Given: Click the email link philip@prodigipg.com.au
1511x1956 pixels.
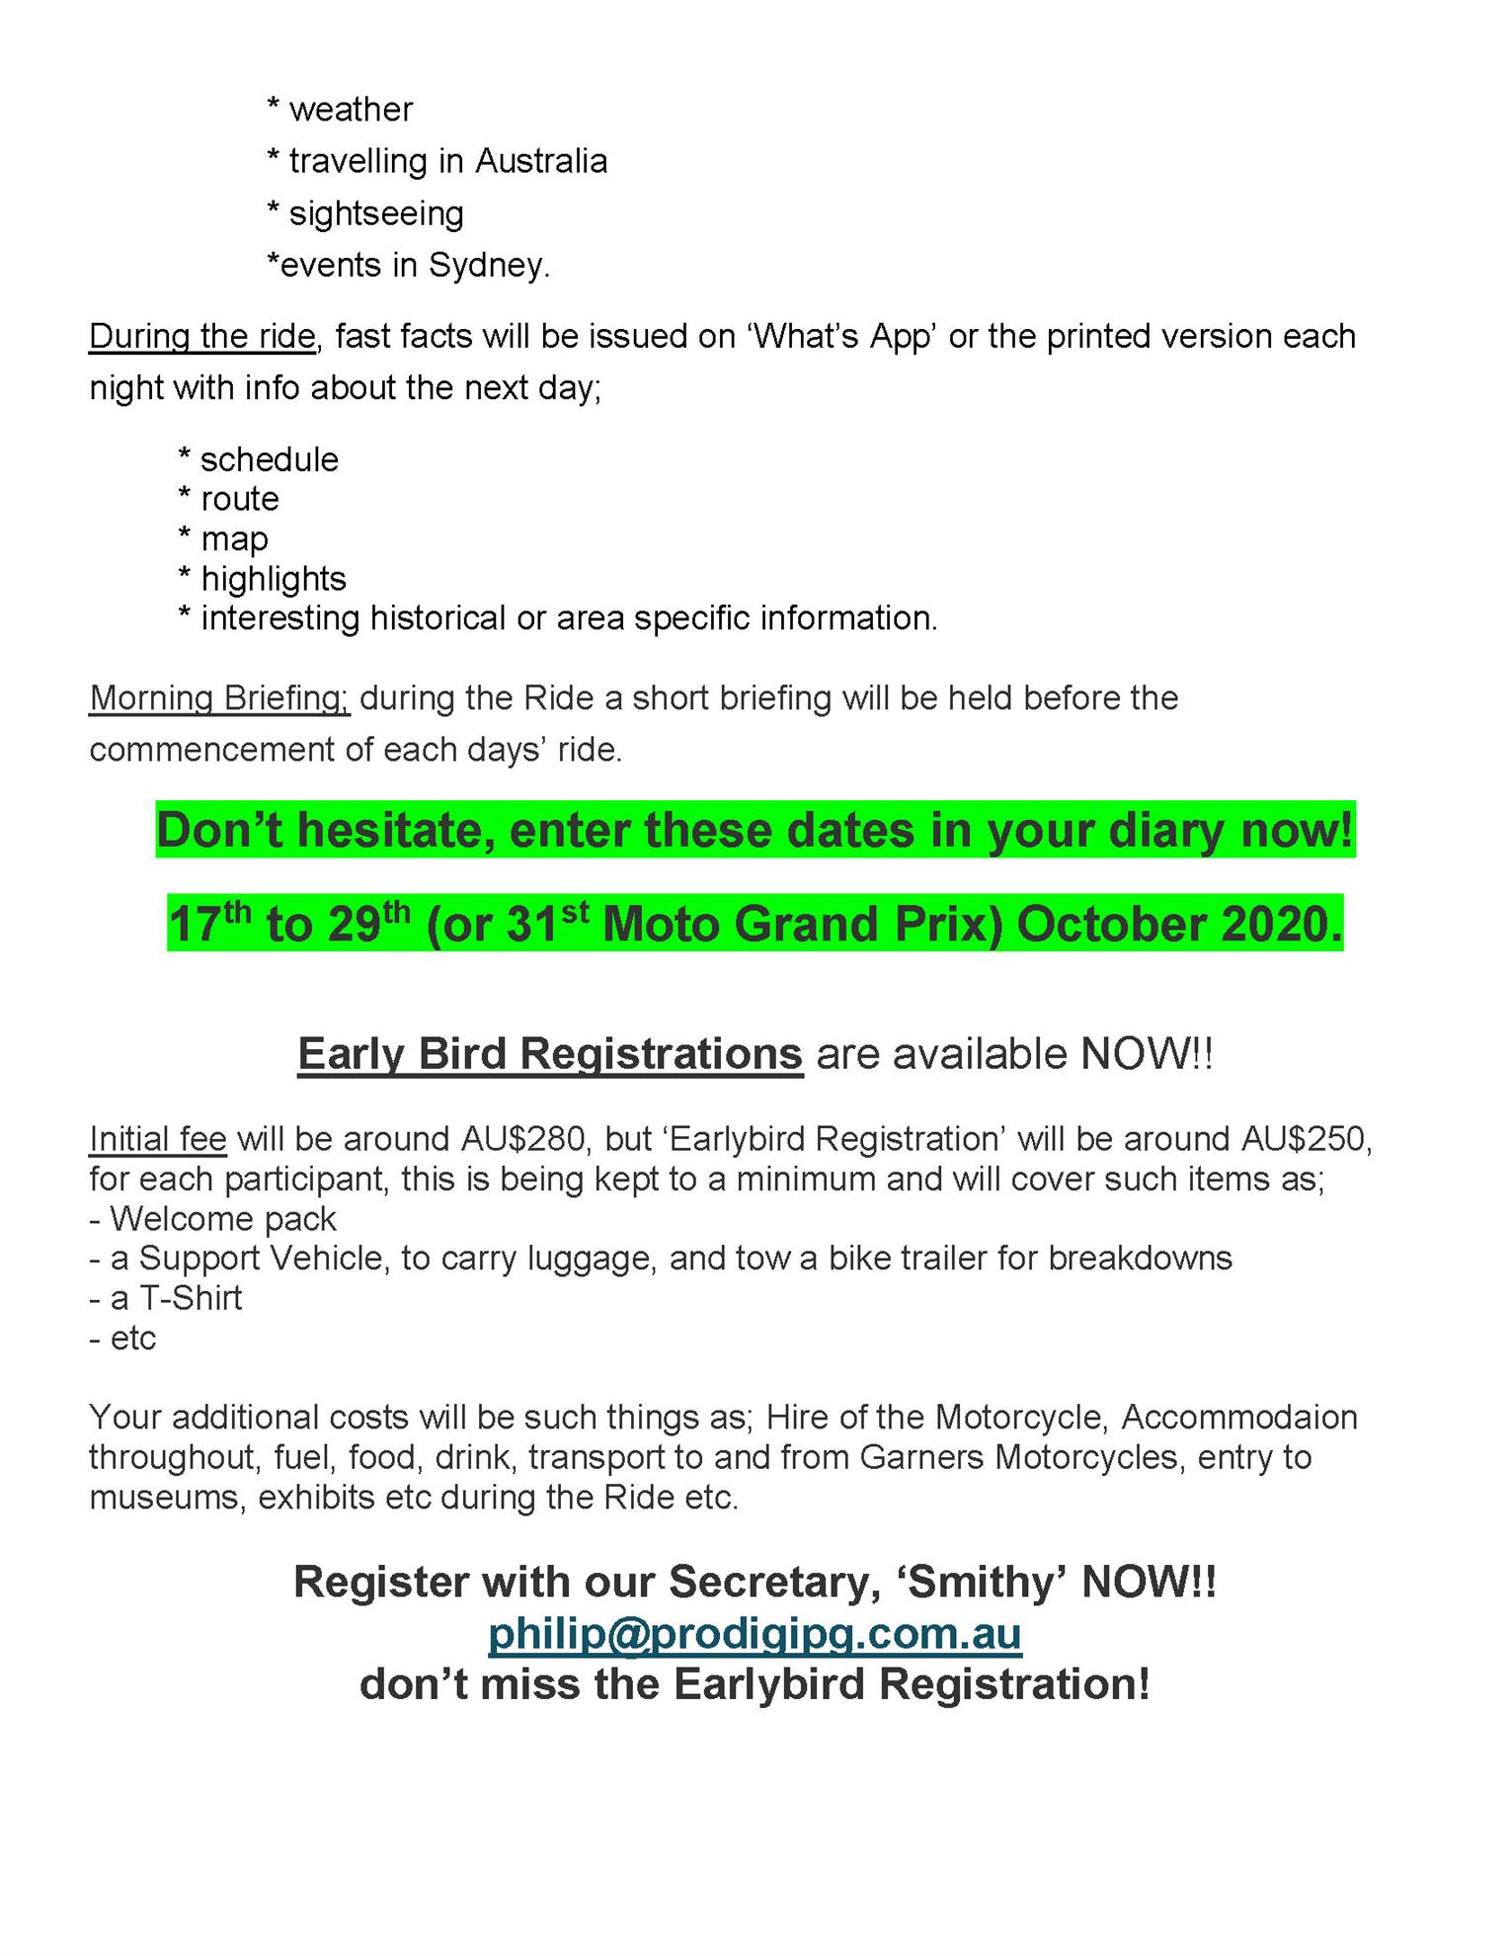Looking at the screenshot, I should pyautogui.click(x=755, y=1634).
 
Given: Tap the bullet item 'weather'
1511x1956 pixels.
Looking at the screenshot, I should pyautogui.click(x=351, y=110).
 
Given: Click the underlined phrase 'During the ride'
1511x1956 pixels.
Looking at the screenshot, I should pyautogui.click(x=202, y=337).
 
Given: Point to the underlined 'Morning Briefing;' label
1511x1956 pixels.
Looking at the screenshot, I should pyautogui.click(x=219, y=698).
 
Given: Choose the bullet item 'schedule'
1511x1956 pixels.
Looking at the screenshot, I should pyautogui.click(x=269, y=460).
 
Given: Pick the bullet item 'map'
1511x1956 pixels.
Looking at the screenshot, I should pyautogui.click(x=234, y=539).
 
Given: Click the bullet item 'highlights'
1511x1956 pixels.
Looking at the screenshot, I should pyautogui.click(x=274, y=579).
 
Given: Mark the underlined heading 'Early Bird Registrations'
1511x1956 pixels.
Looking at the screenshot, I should pyautogui.click(x=550, y=1054).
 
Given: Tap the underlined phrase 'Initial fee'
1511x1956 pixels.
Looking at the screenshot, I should pyautogui.click(x=158, y=1139).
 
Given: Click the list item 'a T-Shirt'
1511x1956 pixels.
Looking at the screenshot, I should pyautogui.click(x=176, y=1298).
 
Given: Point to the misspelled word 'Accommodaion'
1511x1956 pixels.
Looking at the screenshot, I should pyautogui.click(x=1239, y=1418).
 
